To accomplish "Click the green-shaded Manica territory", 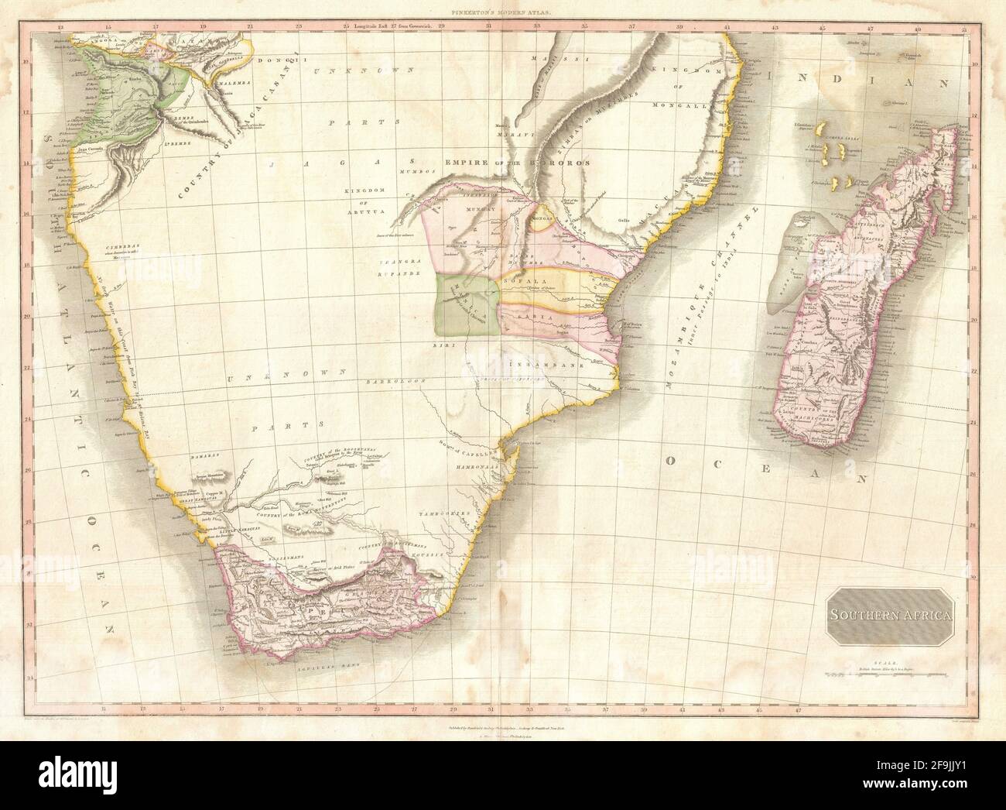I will coord(466,304).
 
